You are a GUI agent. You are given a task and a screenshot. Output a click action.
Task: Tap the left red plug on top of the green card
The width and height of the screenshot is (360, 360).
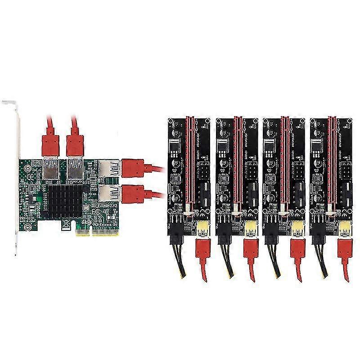[x=50, y=142]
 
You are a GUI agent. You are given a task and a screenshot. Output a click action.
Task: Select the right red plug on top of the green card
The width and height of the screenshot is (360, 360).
[x=74, y=142]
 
